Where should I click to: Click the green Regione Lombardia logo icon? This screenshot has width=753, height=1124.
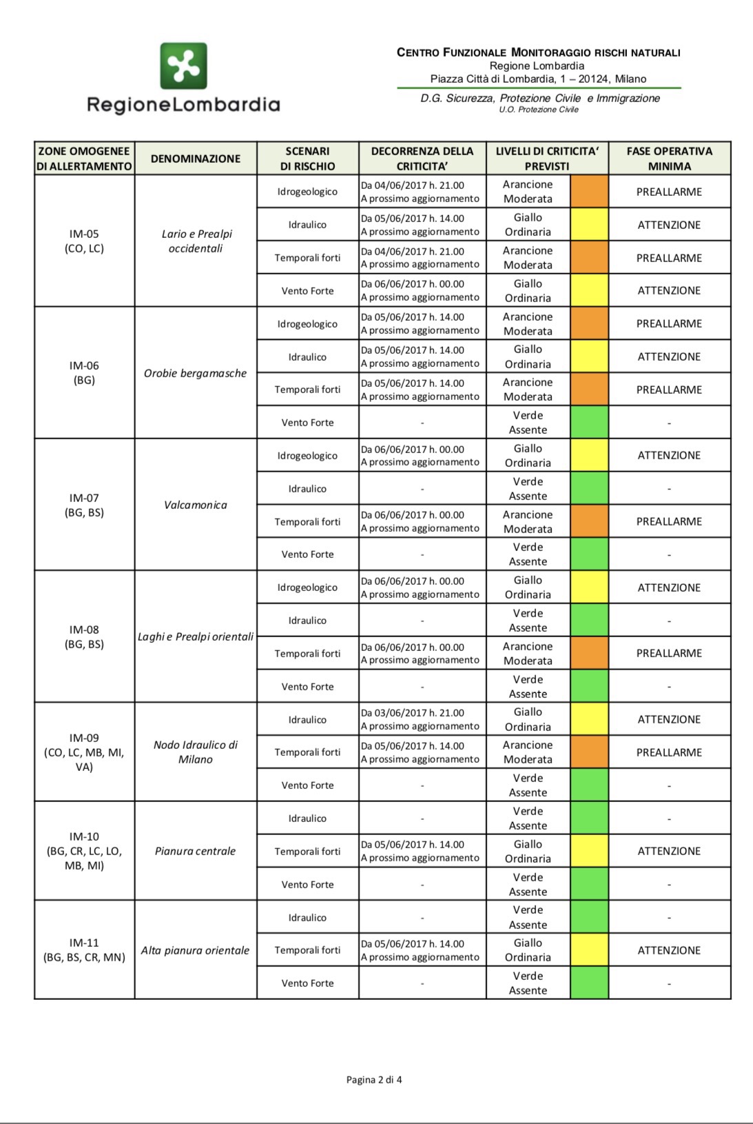183,66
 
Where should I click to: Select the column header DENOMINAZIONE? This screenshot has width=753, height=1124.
196,159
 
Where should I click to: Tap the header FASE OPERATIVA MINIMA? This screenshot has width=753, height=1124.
669,159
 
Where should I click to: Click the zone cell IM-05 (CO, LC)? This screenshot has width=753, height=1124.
84,241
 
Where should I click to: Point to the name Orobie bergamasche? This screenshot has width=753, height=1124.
196,373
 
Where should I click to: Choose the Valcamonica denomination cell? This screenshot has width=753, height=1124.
196,505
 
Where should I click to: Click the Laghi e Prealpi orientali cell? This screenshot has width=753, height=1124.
196,636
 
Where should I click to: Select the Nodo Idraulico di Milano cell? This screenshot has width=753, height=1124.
196,752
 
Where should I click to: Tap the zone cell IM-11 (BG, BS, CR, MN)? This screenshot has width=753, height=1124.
84,950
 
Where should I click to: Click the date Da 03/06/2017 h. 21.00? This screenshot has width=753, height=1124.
413,713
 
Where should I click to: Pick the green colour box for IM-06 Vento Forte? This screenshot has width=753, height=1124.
589,423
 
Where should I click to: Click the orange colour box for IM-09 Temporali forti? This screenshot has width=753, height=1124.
589,752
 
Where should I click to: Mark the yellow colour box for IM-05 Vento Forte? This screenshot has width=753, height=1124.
589,290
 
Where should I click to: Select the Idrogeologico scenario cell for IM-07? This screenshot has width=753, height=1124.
307,456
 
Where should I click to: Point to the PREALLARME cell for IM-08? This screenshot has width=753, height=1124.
669,653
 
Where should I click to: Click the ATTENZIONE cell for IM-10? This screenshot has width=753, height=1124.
669,851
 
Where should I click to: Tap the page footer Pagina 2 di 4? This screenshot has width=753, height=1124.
374,1080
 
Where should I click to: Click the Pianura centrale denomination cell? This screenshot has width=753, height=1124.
196,851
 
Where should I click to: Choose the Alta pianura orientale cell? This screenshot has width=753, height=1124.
196,950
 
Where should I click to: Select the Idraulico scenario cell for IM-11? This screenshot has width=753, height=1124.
307,918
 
